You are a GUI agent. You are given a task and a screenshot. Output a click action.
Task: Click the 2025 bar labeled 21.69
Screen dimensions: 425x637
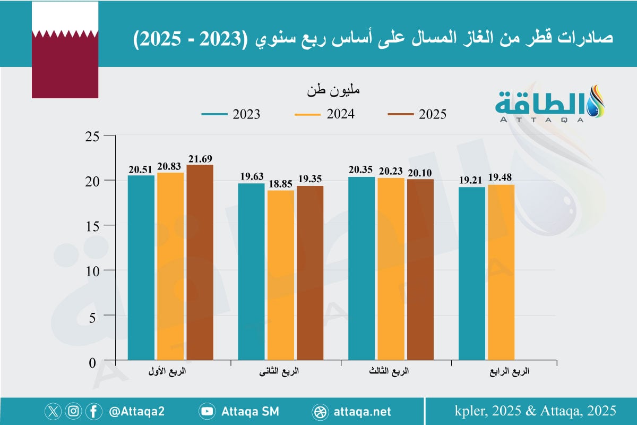pos(200,263)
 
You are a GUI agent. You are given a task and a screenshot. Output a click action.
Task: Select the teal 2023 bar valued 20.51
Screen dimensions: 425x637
pos(141,268)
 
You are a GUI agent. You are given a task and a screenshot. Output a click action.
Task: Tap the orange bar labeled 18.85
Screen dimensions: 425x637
pos(281,276)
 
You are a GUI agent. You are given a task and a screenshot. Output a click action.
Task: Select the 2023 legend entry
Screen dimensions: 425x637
pos(231,114)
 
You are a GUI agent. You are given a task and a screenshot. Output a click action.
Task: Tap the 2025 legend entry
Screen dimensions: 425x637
pos(417,114)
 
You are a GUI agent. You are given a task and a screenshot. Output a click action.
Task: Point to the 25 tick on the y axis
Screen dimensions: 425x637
pos(92,136)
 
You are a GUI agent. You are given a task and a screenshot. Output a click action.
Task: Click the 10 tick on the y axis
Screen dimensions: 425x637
pos(92,270)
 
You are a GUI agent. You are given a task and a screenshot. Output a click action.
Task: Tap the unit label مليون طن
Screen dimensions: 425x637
pos(333,90)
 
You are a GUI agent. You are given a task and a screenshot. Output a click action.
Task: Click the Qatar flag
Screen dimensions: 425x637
pos(65,50)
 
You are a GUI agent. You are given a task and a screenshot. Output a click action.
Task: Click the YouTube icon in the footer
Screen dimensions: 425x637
pos(207,411)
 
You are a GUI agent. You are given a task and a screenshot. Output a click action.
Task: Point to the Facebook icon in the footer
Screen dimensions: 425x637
pos(94,411)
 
